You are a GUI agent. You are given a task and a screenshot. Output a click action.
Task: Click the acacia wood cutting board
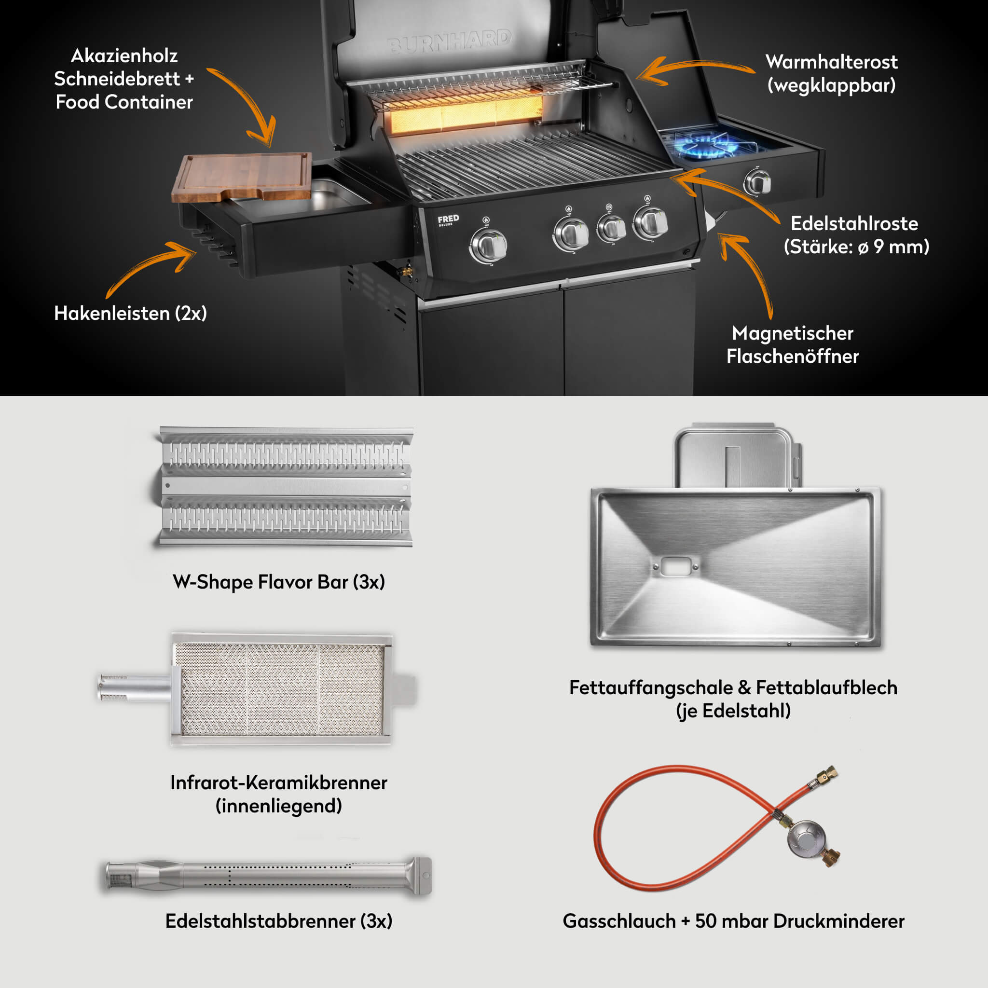242,177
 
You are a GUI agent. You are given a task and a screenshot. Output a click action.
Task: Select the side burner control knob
757,181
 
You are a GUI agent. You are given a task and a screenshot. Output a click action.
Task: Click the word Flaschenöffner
793,357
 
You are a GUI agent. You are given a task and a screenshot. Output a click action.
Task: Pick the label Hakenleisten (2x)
130,313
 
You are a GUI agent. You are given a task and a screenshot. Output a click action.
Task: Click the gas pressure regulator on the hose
807,842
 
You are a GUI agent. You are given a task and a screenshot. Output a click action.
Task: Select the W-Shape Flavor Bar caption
279,582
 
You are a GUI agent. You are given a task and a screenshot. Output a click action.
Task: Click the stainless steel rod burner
269,876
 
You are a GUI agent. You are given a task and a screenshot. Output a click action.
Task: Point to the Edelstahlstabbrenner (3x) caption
279,921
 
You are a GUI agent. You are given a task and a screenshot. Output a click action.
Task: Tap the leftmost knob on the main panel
488,246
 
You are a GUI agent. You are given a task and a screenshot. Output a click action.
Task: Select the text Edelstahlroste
854,223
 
